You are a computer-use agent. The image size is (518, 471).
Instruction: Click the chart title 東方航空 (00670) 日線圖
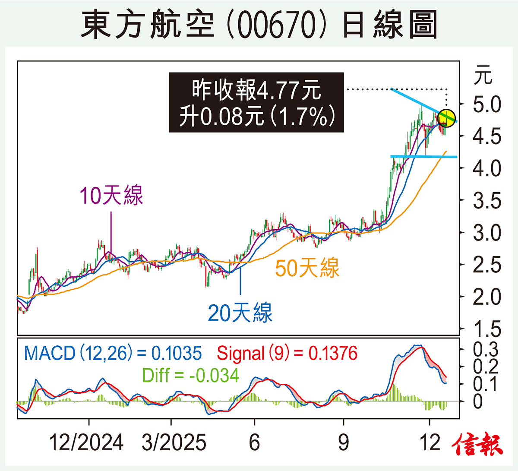click(259, 25)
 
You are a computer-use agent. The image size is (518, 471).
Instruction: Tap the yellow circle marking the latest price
click(446, 118)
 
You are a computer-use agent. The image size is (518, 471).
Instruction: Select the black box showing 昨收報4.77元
click(256, 102)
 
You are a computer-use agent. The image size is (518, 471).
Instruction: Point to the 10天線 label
click(111, 196)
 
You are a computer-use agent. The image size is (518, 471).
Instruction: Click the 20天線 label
click(240, 313)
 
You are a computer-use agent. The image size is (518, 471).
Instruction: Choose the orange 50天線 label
click(307, 268)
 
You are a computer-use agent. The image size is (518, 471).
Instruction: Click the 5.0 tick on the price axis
click(487, 105)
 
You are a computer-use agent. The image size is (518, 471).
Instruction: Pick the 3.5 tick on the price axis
click(487, 201)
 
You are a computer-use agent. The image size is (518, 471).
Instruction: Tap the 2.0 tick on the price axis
click(487, 297)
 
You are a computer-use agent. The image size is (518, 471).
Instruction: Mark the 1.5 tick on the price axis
click(487, 329)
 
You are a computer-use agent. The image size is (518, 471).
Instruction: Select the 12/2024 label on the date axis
click(86, 443)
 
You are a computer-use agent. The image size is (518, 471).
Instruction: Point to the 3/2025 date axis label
click(174, 443)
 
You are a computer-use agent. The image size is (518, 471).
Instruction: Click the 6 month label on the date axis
click(255, 443)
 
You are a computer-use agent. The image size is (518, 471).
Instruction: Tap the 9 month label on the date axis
click(344, 443)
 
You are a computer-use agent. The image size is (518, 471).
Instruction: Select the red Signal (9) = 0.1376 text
click(287, 353)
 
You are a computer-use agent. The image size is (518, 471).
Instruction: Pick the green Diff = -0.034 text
click(190, 375)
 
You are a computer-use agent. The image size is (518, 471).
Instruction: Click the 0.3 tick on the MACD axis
click(486, 349)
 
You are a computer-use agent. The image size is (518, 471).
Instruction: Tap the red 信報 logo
click(478, 445)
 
